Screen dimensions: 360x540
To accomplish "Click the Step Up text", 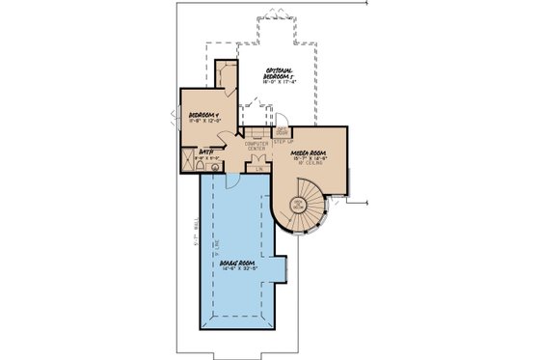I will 283,141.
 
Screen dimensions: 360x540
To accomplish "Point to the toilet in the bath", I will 200,166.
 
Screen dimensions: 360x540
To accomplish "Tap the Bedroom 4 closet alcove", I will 227,74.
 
